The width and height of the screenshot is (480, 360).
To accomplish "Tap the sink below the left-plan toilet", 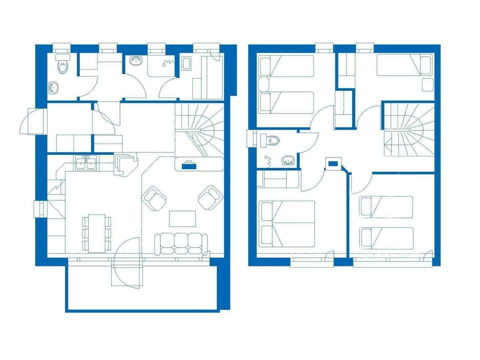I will [x=53, y=87].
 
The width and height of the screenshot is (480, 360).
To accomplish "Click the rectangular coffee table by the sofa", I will [x=182, y=218].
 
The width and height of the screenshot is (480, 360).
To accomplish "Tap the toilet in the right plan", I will [x=270, y=140].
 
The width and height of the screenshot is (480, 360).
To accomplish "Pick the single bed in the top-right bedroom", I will [x=403, y=65].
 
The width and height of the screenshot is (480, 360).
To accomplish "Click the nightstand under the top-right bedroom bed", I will [x=427, y=84].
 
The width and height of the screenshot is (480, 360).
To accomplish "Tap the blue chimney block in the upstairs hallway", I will [x=332, y=162].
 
